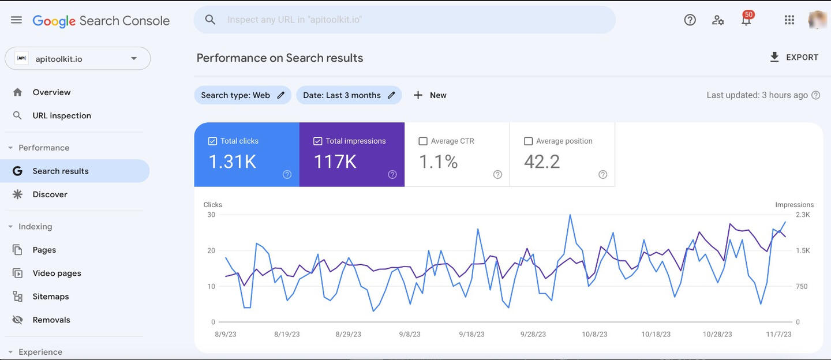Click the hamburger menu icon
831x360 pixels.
pyautogui.click(x=16, y=20)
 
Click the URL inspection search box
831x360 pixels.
pyautogui.click(x=404, y=20)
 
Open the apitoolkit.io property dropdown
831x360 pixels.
pyautogui.click(x=77, y=59)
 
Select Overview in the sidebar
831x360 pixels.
pyautogui.click(x=51, y=92)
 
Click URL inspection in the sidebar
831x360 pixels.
pyautogui.click(x=62, y=116)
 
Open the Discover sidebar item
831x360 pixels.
pyautogui.click(x=50, y=194)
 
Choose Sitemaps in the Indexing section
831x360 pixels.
pyautogui.click(x=51, y=297)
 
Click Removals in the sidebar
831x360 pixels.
pyautogui.click(x=51, y=320)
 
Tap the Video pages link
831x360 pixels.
pyautogui.click(x=57, y=273)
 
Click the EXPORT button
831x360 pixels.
pyautogui.click(x=794, y=57)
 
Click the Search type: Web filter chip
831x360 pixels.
pyautogui.click(x=243, y=95)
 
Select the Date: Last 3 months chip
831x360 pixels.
pyautogui.click(x=349, y=95)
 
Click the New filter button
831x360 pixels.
pyautogui.click(x=430, y=95)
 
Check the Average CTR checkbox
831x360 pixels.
pyautogui.click(x=423, y=141)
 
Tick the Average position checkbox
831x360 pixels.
pyautogui.click(x=528, y=141)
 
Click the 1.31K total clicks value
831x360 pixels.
pyautogui.click(x=232, y=162)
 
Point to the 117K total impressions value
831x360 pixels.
pyautogui.click(x=335, y=162)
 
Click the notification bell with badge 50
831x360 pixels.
pyautogui.click(x=746, y=20)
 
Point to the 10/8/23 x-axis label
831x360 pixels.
pyautogui.click(x=594, y=335)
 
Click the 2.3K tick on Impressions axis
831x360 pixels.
pyautogui.click(x=803, y=215)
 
